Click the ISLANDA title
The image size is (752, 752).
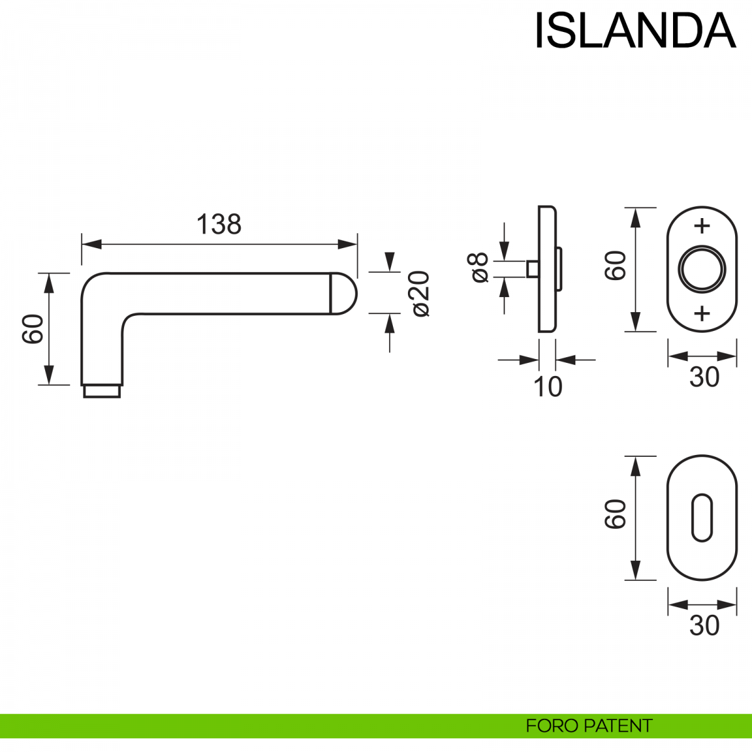pos(635,31)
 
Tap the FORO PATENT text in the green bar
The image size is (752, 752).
pos(589,726)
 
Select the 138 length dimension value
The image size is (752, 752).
pos(219,224)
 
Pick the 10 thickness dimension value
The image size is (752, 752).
pos(548,387)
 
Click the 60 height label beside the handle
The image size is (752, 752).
pos(33,329)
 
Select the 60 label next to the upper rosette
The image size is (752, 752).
pos(615,265)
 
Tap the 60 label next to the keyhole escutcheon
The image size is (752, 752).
pos(615,514)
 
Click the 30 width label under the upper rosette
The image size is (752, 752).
pos(704,377)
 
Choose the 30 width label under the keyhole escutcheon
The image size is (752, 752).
pos(704,625)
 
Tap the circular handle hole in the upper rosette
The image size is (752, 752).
pos(702,269)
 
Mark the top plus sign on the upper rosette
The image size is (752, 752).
pos(702,226)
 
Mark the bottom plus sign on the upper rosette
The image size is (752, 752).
pos(702,313)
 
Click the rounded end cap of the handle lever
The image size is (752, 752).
pos(343,293)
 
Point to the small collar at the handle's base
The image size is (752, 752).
pos(102,391)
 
